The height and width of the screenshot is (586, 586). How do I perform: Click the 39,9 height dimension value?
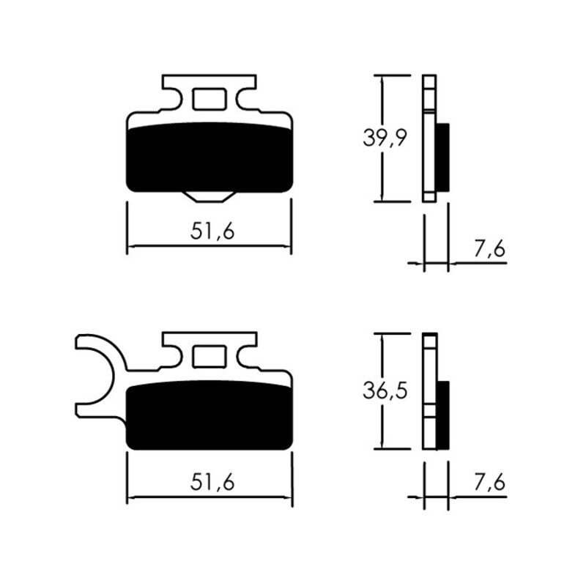[x=385, y=137]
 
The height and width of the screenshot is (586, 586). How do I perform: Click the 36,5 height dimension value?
[x=385, y=390]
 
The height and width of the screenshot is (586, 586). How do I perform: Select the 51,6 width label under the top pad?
[x=212, y=231]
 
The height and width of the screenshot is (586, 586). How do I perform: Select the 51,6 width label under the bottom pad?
[x=212, y=483]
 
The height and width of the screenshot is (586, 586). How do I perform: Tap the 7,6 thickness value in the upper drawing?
[x=489, y=249]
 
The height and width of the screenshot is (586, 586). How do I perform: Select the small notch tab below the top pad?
[x=209, y=196]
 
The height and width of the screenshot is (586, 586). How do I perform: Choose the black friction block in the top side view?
[x=442, y=157]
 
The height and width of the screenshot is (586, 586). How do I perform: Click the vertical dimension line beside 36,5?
[x=381, y=425]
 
